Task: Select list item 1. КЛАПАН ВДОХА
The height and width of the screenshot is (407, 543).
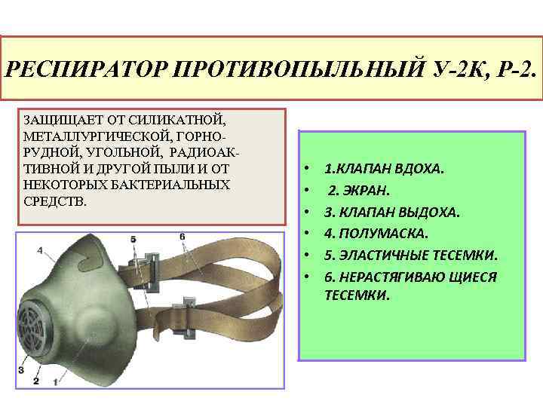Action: pos(384,169)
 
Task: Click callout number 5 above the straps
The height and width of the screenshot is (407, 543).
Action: pos(133,239)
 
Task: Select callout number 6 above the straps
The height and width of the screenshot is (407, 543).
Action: pos(182,237)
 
